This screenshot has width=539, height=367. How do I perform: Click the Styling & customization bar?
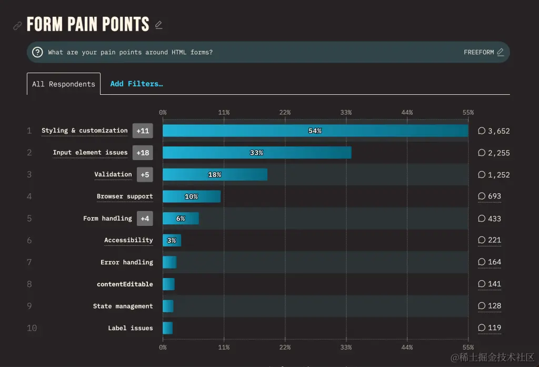pos(315,131)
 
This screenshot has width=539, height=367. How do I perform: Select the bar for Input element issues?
pos(256,153)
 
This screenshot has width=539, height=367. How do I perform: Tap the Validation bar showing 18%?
pos(215,174)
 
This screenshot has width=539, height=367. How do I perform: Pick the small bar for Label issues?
pos(167,328)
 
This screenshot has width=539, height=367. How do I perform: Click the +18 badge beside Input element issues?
pos(143,153)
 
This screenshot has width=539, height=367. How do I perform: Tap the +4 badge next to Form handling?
pos(145,219)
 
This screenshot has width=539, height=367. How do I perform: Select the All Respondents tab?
pos(64,84)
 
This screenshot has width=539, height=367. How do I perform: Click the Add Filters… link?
pos(136,84)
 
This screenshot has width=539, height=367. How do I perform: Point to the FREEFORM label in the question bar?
pos(478,52)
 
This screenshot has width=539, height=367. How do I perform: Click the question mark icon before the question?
pos(37,52)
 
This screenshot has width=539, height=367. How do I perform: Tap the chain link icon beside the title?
pos(17,25)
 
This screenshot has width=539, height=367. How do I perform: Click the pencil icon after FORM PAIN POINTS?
pos(158,25)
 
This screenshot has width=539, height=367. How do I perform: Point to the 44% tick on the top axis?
pos(407,112)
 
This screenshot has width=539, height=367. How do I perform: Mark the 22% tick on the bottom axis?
pos(285,348)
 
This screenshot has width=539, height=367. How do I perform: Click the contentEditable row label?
pos(125,284)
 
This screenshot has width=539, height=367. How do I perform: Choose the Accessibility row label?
pos(128,240)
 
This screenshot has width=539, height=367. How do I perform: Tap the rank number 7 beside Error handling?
pos(29,262)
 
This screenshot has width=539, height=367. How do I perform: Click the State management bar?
pos(168,306)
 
